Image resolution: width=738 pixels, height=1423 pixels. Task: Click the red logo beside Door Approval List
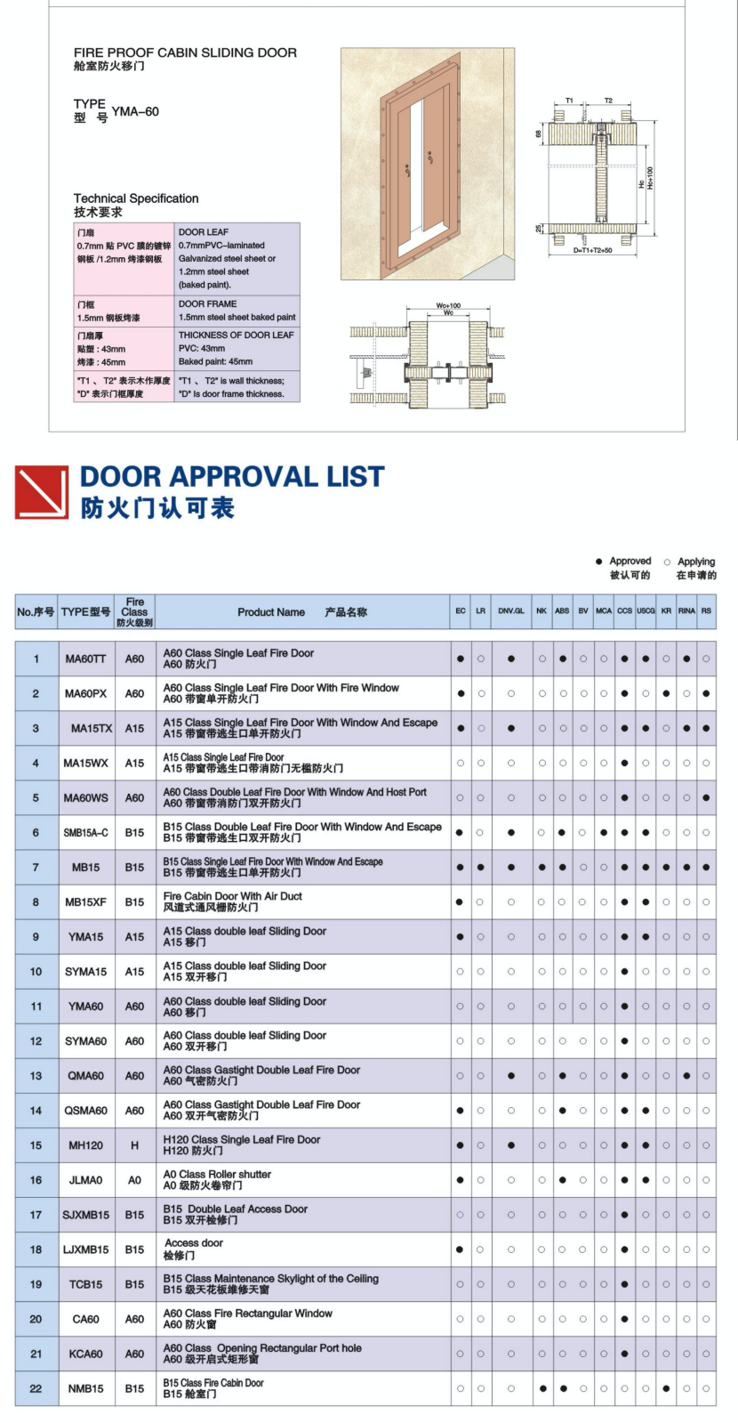(42, 492)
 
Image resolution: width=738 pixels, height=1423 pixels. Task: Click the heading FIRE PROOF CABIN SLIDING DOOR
(185, 53)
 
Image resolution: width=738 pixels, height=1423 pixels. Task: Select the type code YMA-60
(135, 111)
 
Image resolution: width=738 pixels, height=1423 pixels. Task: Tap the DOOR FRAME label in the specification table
(207, 303)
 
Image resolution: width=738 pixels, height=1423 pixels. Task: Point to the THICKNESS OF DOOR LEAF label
(236, 335)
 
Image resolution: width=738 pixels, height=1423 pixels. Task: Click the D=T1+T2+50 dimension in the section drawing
(592, 250)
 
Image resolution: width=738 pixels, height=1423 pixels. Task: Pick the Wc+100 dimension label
(448, 305)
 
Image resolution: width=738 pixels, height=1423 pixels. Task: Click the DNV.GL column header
(511, 611)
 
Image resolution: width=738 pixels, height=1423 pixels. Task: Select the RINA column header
(686, 611)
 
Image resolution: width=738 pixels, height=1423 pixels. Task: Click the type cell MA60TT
(85, 659)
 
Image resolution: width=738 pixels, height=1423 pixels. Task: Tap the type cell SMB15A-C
(85, 832)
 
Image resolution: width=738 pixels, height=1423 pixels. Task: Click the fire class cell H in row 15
(134, 1145)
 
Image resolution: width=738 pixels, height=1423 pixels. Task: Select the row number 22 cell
(36, 1388)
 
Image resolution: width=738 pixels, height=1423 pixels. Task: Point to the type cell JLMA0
(85, 1180)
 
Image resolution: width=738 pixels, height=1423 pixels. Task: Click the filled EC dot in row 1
(461, 659)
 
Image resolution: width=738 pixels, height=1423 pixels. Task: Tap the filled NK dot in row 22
(542, 1388)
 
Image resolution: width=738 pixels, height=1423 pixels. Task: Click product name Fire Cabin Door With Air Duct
(233, 896)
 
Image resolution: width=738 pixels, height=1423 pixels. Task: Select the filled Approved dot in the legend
(598, 562)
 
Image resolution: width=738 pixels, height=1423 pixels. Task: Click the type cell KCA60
(85, 1354)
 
